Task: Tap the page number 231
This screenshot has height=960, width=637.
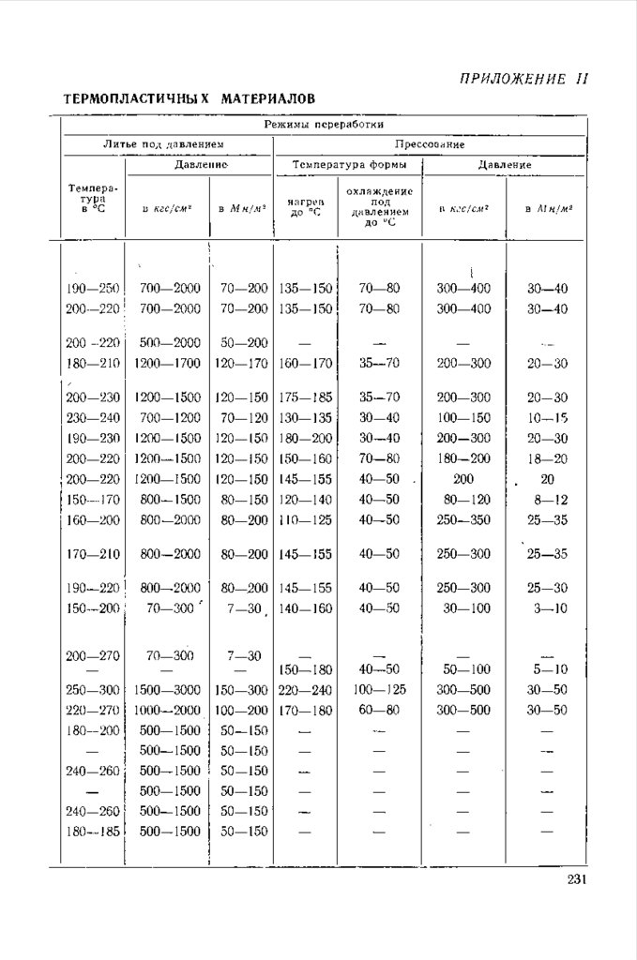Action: (x=576, y=879)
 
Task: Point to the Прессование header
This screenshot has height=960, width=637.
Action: (x=430, y=144)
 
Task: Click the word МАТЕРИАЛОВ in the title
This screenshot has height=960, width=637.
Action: (x=267, y=98)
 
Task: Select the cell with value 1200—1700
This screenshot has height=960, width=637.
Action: (x=170, y=363)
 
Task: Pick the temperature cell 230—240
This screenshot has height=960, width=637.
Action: (x=94, y=418)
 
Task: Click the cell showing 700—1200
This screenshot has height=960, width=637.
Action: (x=170, y=418)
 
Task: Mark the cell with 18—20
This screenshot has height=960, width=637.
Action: (x=547, y=458)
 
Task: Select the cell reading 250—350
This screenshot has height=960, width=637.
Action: (x=463, y=519)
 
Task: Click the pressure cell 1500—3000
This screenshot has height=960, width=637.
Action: (x=170, y=690)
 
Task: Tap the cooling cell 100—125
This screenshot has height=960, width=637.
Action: (x=379, y=690)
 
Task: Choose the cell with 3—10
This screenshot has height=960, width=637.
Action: (x=547, y=608)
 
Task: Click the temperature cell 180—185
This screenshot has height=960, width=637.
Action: (x=94, y=832)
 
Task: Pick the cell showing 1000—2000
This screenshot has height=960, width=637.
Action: (x=170, y=711)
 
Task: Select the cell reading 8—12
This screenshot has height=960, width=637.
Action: (x=547, y=500)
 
